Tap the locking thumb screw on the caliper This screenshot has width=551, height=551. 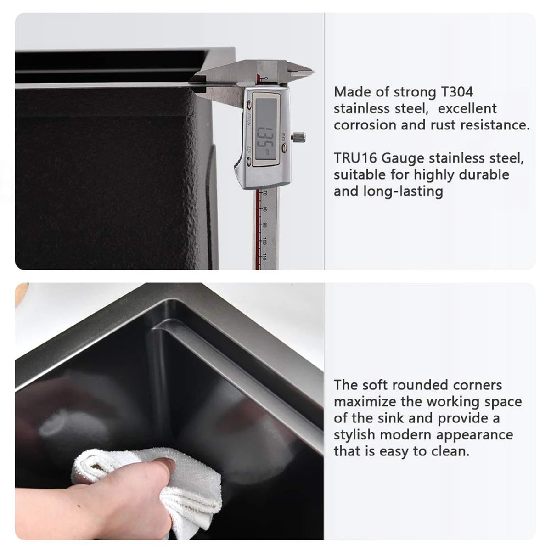[300, 137]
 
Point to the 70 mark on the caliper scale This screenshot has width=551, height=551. [265, 193]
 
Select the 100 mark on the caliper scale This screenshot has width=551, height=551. [265, 241]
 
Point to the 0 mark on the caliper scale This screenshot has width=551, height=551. [265, 79]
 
